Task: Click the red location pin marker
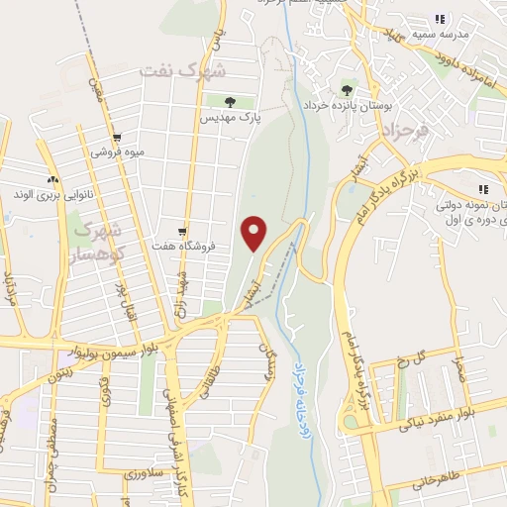(255, 233)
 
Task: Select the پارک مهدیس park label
(231, 118)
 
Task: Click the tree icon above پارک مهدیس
(230, 101)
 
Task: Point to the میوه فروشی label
(118, 152)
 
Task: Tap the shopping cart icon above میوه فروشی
(117, 138)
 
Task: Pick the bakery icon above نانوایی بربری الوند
(52, 179)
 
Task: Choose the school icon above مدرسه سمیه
(440, 19)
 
